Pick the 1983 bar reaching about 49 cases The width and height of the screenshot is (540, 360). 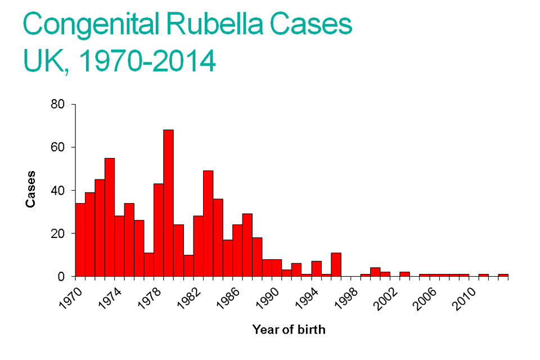(208, 223)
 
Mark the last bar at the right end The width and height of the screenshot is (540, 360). (503, 275)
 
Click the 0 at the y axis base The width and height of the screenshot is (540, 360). (65, 277)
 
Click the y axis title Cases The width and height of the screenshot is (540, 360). (31, 189)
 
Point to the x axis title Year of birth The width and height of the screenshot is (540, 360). (289, 330)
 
